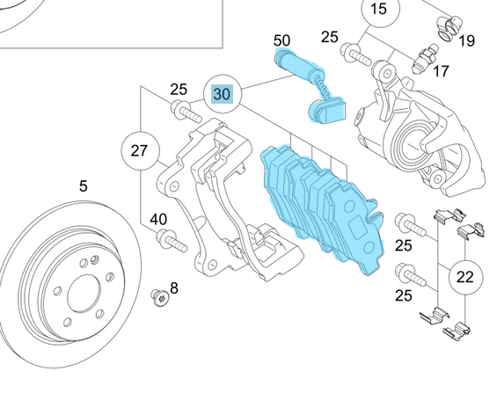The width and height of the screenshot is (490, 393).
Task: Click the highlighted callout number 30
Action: pyautogui.click(x=223, y=94)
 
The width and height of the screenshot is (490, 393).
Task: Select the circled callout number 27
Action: pyautogui.click(x=139, y=150)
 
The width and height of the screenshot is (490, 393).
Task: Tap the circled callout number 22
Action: pyautogui.click(x=465, y=277)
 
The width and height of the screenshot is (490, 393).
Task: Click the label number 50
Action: pyautogui.click(x=282, y=40)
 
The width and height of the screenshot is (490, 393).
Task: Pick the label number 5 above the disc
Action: pyautogui.click(x=83, y=186)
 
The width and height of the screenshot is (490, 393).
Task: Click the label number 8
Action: pyautogui.click(x=174, y=288)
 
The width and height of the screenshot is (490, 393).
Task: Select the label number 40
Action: pyautogui.click(x=158, y=219)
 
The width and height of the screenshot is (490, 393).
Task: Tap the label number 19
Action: pyautogui.click(x=467, y=40)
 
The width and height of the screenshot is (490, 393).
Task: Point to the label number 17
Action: pyautogui.click(x=441, y=71)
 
